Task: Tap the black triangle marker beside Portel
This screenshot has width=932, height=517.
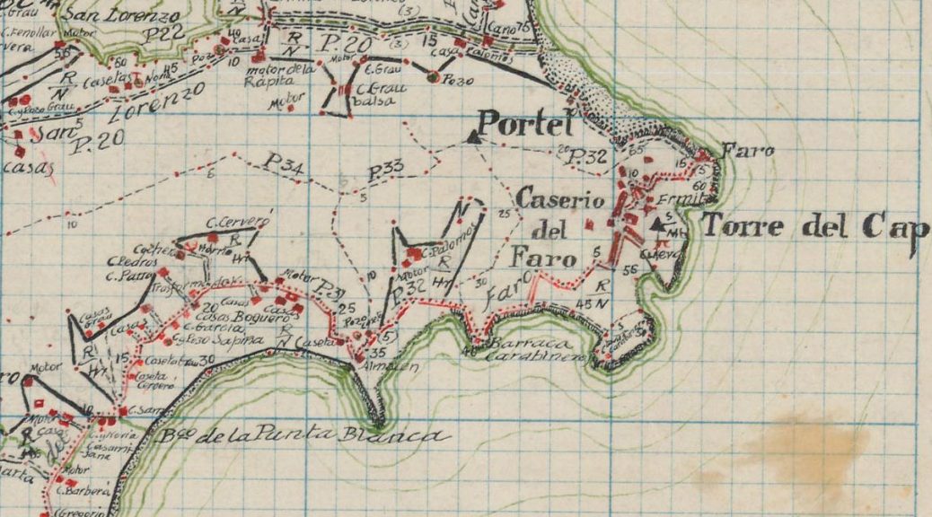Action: pyautogui.click(x=473, y=136)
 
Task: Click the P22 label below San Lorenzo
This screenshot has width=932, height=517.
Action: pyautogui.click(x=164, y=32)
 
